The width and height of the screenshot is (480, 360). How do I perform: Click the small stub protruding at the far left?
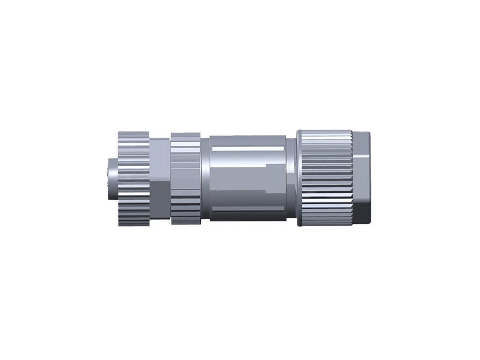click(110, 178)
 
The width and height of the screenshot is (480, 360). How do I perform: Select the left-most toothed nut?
click(133, 178)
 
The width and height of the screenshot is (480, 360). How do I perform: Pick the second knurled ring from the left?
click(185, 178)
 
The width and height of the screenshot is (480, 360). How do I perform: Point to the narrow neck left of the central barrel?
click(205, 178)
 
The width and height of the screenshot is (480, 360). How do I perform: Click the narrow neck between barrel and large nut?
click(292, 178)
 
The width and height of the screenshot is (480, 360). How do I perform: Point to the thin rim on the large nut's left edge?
click(300, 178)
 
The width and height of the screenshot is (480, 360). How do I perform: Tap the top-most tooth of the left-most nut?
click(133, 133)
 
